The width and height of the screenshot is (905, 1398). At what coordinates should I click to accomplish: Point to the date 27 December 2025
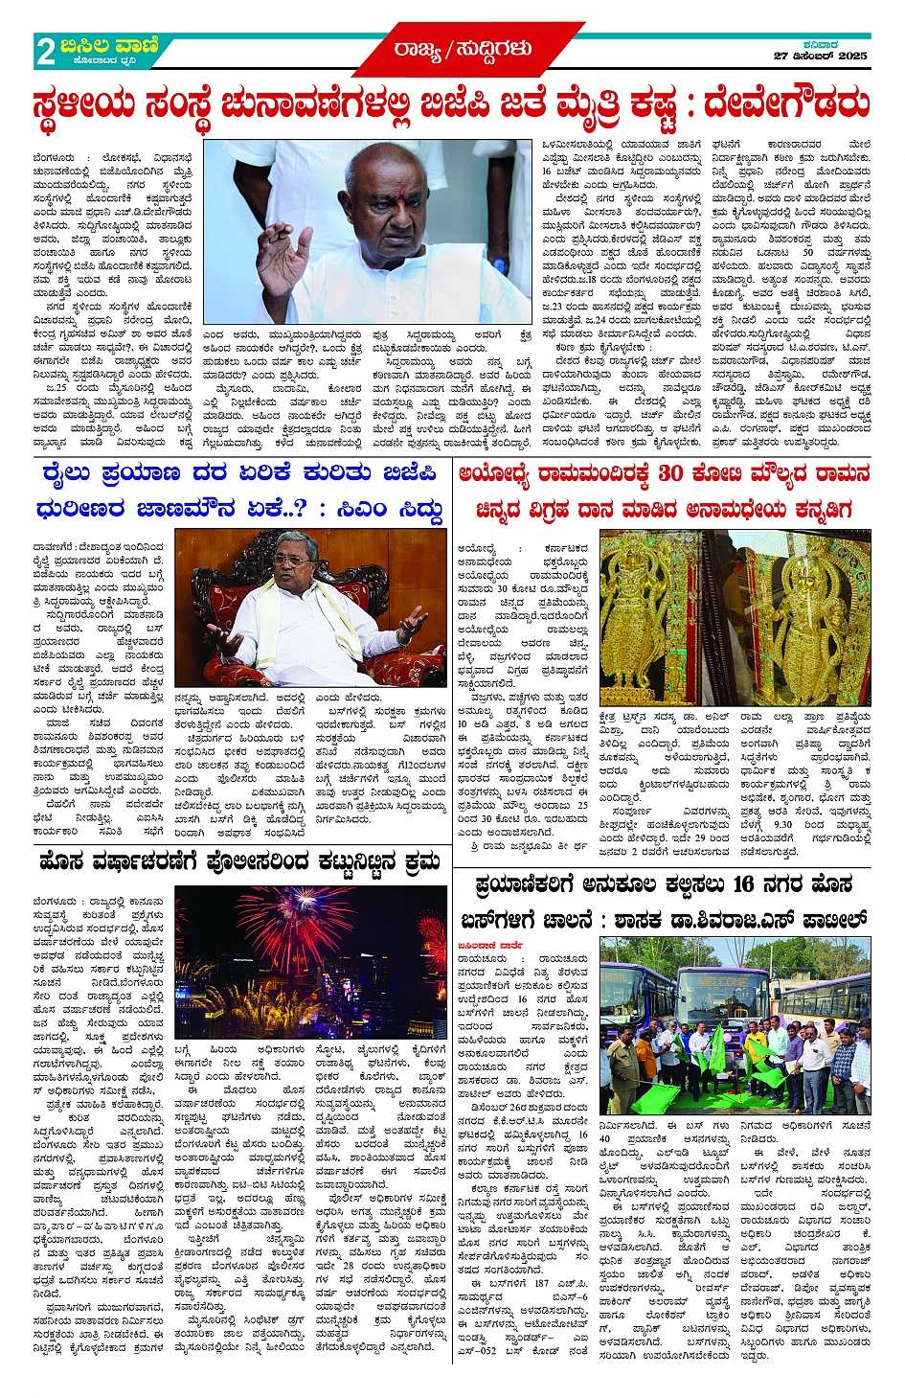(x=822, y=57)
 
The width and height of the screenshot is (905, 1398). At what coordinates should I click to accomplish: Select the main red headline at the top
(x=452, y=105)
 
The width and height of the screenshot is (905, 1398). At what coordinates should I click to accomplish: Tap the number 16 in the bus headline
(x=743, y=883)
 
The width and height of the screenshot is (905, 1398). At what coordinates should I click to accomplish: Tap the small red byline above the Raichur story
(x=490, y=945)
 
